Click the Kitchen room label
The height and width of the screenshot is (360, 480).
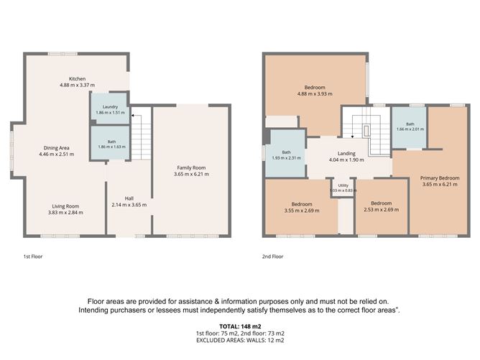click(77, 78)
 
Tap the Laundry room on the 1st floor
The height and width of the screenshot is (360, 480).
click(110, 109)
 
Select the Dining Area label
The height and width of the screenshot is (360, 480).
click(56, 148)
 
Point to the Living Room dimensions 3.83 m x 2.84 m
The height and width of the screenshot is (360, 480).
click(65, 213)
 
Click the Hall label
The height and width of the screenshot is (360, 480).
click(129, 198)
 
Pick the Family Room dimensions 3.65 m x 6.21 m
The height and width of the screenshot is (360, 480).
click(191, 174)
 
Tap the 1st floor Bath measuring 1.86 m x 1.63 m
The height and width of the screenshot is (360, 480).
click(111, 143)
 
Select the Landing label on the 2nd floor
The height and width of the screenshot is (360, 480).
click(346, 153)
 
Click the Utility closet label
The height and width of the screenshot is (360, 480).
click(343, 185)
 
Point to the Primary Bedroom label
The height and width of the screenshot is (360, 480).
click(440, 178)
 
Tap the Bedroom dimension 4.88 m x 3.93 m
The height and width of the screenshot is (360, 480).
click(315, 94)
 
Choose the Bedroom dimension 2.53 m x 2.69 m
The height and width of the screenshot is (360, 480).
click(382, 210)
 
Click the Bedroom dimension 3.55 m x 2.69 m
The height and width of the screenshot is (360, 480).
click(302, 211)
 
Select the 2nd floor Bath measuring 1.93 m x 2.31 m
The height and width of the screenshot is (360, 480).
click(286, 154)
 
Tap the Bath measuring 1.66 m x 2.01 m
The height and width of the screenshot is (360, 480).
click(410, 127)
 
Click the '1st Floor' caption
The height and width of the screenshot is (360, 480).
click(33, 257)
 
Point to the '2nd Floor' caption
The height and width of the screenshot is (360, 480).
click(272, 257)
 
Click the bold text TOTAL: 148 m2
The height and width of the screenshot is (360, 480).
click(240, 326)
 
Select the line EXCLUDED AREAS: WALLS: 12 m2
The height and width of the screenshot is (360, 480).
click(240, 340)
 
